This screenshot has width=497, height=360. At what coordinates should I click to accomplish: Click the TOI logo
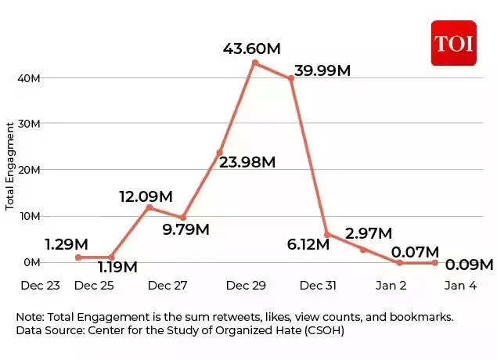tap(453, 43)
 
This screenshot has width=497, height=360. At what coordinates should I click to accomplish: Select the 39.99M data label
tap(323, 70)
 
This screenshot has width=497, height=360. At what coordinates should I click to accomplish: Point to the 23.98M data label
tap(247, 162)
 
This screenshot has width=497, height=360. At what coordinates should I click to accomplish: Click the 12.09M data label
tap(146, 196)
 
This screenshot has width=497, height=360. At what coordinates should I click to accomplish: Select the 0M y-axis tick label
tap(32, 261)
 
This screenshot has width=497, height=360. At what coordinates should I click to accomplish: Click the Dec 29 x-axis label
tap(246, 286)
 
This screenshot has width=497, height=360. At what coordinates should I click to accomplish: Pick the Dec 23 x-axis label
tap(41, 286)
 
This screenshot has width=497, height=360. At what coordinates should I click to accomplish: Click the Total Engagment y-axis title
tap(10, 166)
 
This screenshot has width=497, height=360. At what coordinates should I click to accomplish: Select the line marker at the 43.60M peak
tap(254, 63)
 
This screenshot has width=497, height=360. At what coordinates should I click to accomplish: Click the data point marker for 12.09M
tap(149, 207)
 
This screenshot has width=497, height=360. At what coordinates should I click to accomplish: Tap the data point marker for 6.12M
tap(326, 234)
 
